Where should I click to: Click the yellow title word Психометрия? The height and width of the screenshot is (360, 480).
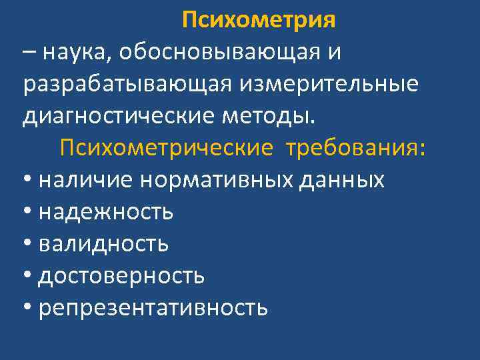click(x=258, y=21)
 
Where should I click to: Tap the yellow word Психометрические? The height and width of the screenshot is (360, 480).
click(x=166, y=147)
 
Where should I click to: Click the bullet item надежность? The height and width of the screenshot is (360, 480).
click(x=106, y=212)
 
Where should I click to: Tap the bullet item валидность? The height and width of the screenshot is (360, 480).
click(x=103, y=244)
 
